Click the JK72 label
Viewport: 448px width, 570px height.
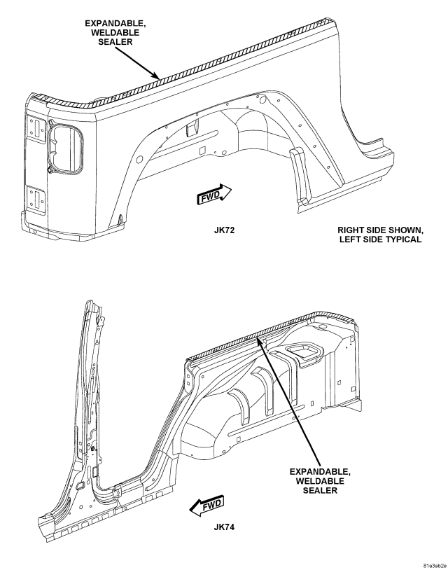[224, 230]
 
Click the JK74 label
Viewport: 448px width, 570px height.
[224, 527]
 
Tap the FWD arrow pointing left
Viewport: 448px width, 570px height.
[207, 506]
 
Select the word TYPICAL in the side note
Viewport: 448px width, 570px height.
[405, 239]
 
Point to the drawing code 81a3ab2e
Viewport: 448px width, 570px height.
[435, 566]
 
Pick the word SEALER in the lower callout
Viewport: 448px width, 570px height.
[320, 490]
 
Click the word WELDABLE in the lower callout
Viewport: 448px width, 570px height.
[320, 481]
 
